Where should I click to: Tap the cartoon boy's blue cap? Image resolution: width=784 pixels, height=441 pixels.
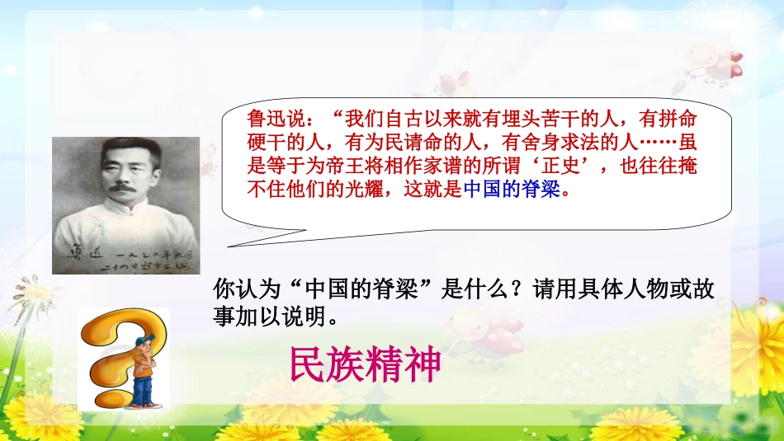click(x=142, y=342)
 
